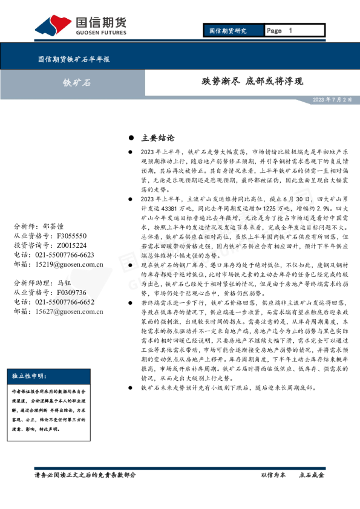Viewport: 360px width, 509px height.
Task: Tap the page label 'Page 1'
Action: coord(280,31)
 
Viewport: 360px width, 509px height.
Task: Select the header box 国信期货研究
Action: coord(227,31)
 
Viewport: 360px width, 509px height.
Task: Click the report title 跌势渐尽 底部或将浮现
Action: coord(252,82)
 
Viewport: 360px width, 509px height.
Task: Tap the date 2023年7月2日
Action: coord(332,100)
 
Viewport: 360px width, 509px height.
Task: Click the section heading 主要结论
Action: coord(157,138)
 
